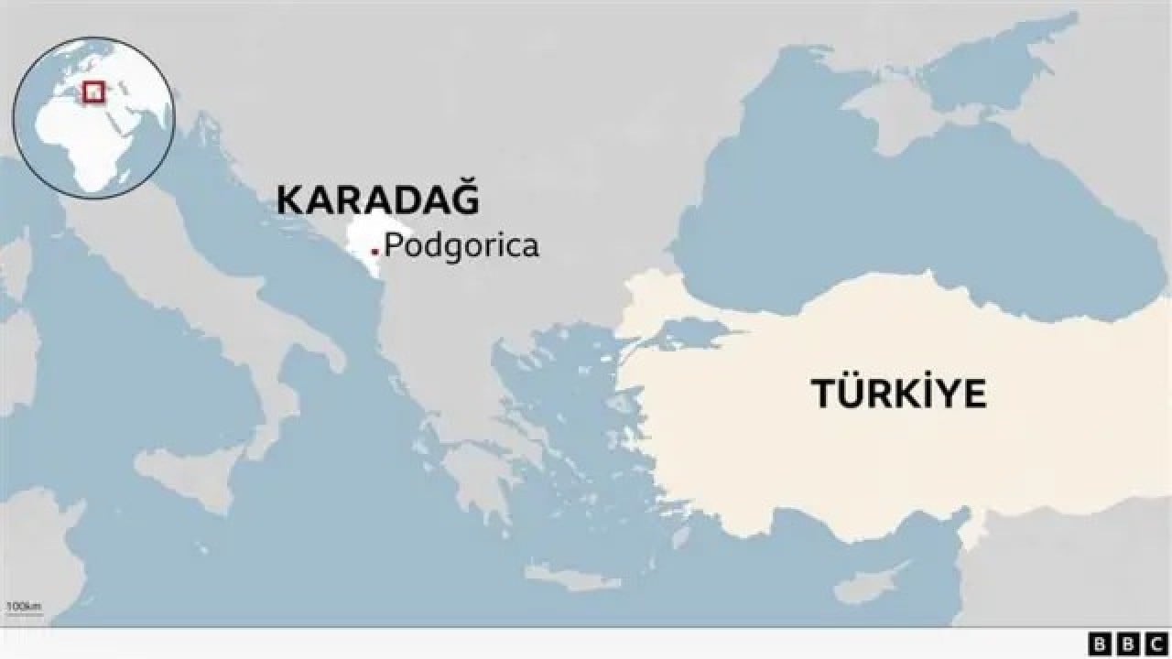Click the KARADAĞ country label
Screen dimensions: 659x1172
click(377, 200)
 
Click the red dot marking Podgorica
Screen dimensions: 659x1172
click(374, 250)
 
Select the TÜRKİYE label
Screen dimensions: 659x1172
click(898, 394)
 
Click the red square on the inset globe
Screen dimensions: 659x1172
click(93, 92)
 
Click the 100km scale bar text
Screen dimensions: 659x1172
click(23, 606)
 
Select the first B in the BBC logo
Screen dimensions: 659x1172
click(1100, 643)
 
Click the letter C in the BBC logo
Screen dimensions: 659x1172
click(1156, 643)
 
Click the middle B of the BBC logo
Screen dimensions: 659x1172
click(1128, 643)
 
